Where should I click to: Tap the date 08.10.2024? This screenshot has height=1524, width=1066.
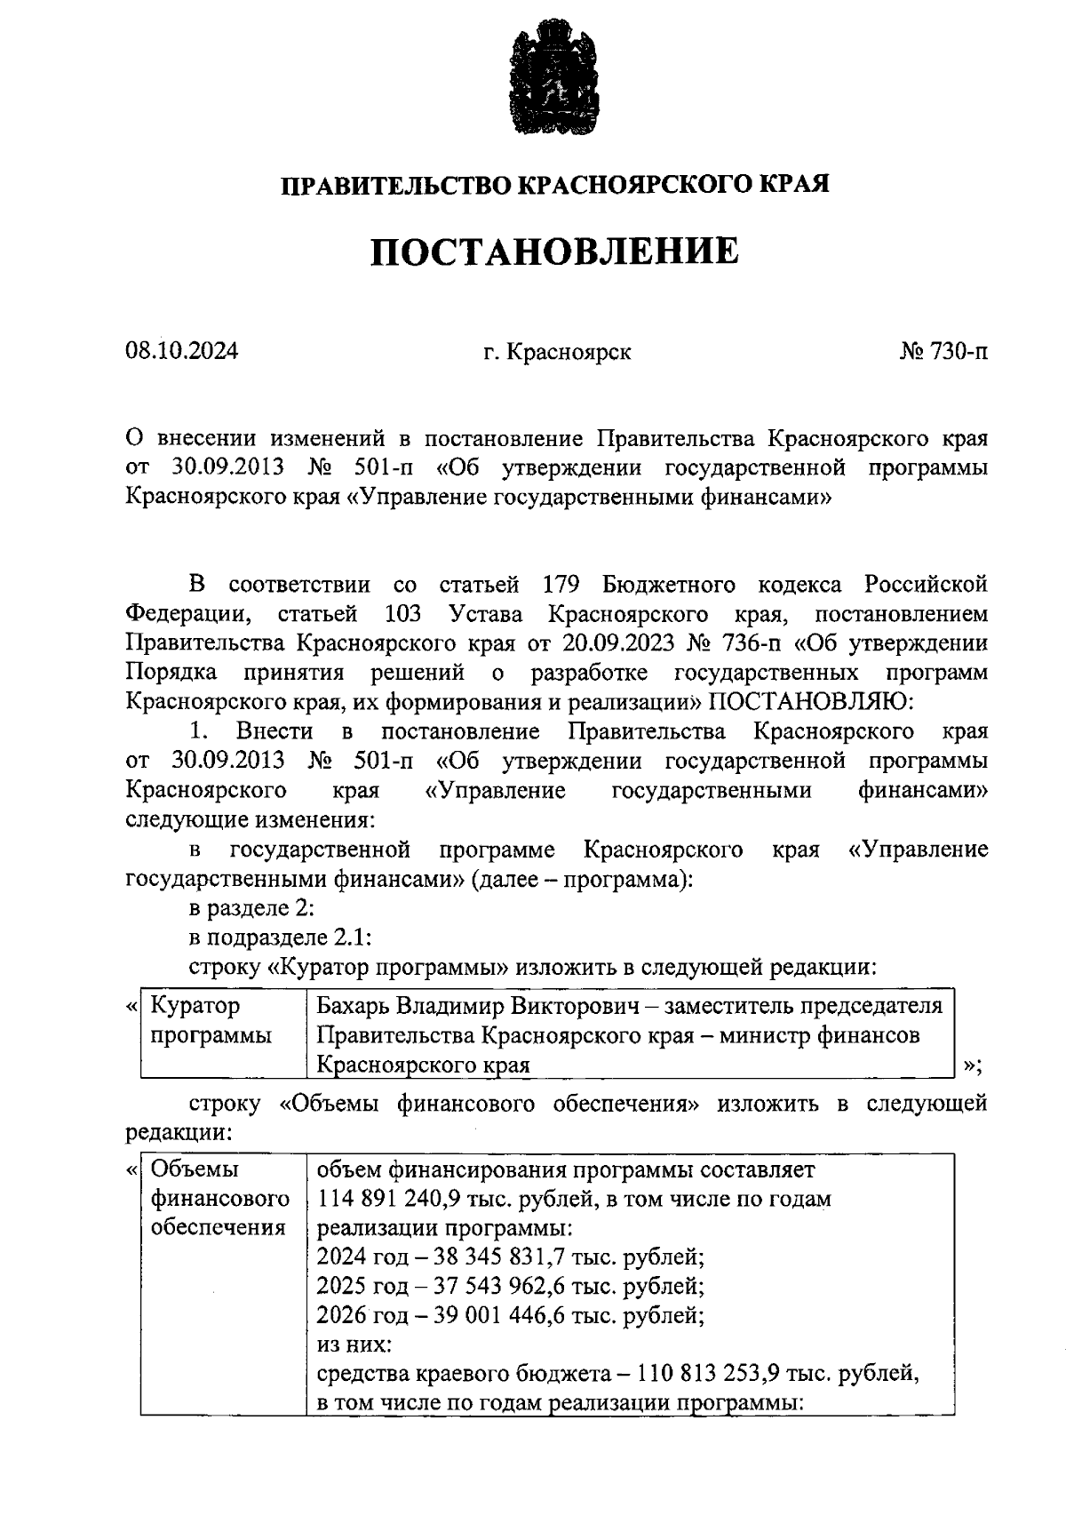tap(182, 352)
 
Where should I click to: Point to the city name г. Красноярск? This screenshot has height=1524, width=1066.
tap(557, 352)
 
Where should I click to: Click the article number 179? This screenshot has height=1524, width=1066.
tap(560, 585)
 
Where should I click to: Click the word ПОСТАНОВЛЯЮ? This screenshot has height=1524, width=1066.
tap(810, 702)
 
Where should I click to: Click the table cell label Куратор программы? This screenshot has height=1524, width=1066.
tap(211, 1020)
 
